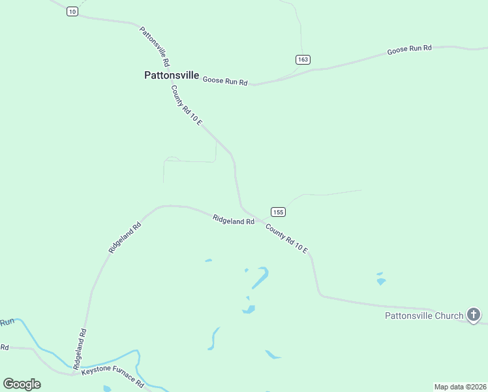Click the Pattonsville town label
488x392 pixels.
click(172, 75)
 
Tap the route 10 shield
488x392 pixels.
click(72, 12)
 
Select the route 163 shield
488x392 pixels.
click(303, 59)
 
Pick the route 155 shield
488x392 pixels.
click(278, 212)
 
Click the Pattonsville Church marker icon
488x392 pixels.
click(474, 316)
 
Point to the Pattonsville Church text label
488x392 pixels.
click(423, 316)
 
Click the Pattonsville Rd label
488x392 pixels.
click(155, 46)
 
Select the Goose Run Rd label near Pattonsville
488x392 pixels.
click(225, 81)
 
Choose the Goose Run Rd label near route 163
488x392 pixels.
click(410, 49)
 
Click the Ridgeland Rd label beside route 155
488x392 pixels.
click(234, 220)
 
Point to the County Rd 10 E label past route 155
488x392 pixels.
click(286, 238)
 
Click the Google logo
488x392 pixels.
click(22, 384)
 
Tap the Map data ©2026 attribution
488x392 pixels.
click(460, 387)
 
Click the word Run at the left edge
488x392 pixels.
click(7, 322)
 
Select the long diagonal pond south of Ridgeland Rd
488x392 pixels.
click(260, 278)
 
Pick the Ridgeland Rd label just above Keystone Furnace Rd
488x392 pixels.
click(80, 350)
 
